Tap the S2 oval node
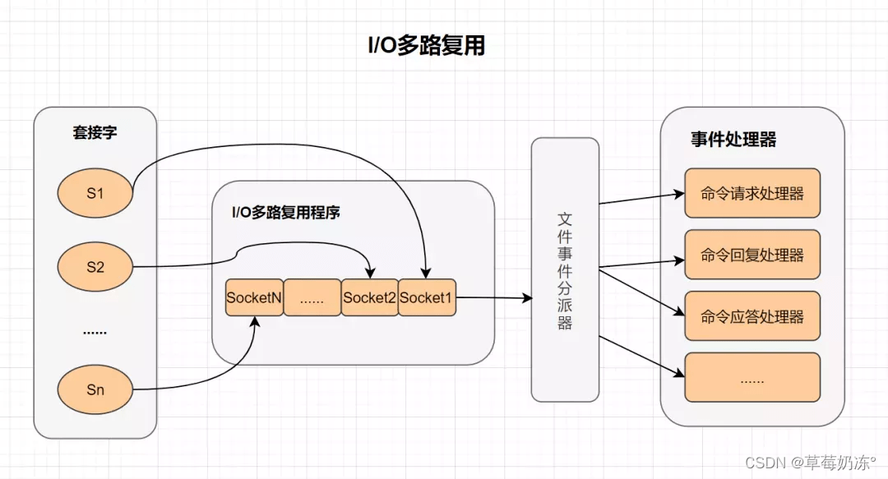click(95, 266)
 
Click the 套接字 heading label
click(95, 132)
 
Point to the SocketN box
click(254, 298)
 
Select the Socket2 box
click(369, 298)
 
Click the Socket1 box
click(426, 298)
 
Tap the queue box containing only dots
click(312, 298)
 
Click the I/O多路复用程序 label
click(286, 213)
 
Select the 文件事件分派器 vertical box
click(565, 270)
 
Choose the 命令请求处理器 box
click(752, 194)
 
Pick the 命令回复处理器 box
click(752, 255)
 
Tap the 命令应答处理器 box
click(752, 316)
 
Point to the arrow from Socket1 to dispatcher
click(493, 298)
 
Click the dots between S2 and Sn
click(95, 332)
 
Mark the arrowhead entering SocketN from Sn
click(255, 321)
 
